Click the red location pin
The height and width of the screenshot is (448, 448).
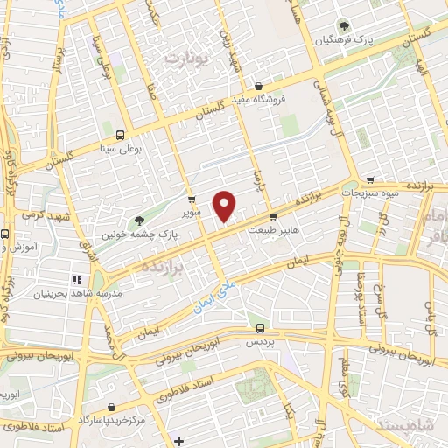pos(225,206)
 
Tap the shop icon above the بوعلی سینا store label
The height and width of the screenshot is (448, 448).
pos(120,136)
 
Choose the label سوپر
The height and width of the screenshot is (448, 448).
pos(192,212)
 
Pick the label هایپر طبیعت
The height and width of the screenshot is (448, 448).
pos(275,230)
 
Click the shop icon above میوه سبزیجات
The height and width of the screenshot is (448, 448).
pos(372,178)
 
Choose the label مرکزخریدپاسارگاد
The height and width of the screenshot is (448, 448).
pos(113,421)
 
